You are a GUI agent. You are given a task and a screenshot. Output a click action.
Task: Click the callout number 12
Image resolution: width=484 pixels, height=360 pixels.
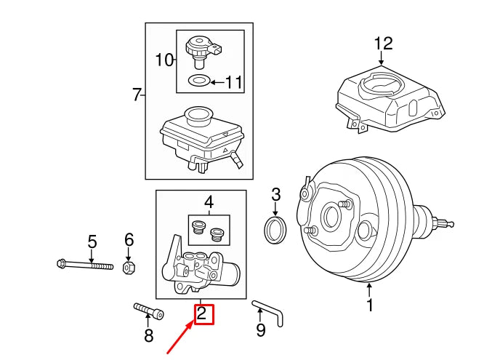pos(383,44)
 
